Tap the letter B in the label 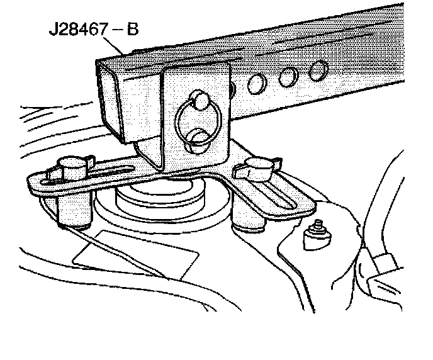point(132,30)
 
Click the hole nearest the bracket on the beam point(257,82)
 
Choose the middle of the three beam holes point(289,76)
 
